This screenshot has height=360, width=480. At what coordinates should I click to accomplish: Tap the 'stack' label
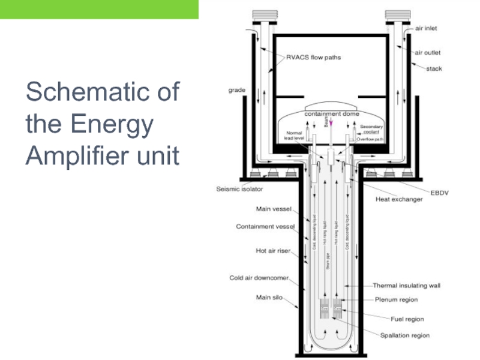(434, 69)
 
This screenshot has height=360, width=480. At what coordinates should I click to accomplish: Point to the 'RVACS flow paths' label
(313, 58)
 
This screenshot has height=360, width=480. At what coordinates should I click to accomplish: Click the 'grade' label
(236, 90)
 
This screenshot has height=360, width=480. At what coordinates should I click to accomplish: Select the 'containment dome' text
(331, 113)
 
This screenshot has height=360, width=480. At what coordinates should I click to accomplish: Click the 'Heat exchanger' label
(399, 199)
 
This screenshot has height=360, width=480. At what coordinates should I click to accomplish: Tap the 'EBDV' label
(440, 193)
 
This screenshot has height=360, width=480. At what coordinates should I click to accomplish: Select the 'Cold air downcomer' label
(259, 278)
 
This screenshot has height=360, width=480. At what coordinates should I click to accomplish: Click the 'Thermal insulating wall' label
(407, 286)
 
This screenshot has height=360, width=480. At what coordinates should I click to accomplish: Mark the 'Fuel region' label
(407, 319)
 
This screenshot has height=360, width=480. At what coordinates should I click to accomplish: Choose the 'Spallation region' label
(405, 335)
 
